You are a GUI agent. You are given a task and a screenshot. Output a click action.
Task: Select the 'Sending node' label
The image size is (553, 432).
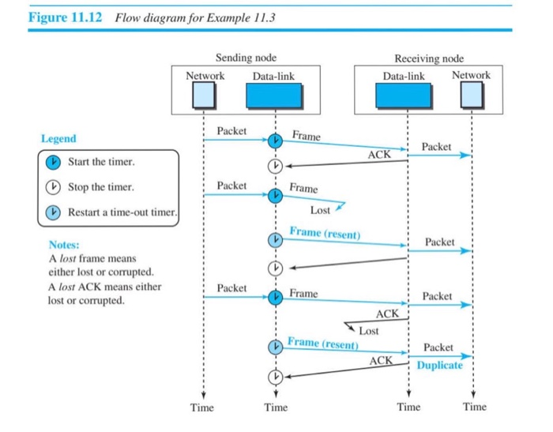pos(246,58)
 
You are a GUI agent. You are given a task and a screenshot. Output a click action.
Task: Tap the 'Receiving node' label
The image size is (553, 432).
pos(429,58)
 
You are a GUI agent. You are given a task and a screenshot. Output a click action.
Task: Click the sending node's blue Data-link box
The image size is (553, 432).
pos(274,95)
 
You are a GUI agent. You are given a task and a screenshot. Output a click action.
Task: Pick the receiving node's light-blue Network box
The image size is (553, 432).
pos(471,95)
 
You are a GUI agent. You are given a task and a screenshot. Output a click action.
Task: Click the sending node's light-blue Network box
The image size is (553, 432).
pos(205,95)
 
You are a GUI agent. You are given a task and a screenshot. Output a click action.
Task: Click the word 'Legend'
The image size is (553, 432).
pos(58,139)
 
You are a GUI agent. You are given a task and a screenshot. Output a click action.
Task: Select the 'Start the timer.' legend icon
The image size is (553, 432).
pos(53,162)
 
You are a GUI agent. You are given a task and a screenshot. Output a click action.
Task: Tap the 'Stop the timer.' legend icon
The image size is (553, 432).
pos(53,188)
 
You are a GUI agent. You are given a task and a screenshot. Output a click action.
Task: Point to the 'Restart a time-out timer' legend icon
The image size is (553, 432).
pos(53,213)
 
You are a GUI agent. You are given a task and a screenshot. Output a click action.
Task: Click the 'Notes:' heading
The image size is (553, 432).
pos(64,246)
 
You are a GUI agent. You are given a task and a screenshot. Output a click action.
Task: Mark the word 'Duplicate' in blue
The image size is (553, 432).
pos(439,366)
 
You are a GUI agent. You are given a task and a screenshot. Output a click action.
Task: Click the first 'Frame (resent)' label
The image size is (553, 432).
pos(324,232)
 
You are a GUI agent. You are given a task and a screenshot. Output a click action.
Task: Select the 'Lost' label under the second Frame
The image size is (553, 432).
pos(320,211)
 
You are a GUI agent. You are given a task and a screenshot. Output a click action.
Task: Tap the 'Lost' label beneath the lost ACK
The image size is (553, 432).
pos(369,331)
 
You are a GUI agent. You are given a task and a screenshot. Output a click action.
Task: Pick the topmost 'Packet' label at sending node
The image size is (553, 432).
pos(231,130)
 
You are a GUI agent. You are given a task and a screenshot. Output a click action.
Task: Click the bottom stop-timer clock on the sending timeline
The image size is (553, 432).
pos(275,378)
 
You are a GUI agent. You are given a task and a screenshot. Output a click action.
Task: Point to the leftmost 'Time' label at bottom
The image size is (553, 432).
pos(202,408)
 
